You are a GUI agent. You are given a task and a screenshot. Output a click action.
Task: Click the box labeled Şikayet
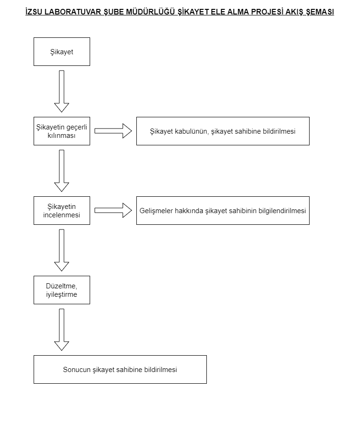(x=62, y=51)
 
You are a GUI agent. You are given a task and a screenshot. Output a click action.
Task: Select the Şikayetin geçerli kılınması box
(x=62, y=131)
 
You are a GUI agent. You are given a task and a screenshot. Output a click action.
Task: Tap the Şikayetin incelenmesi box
(x=62, y=210)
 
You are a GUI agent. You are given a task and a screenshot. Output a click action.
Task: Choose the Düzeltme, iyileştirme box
(x=62, y=290)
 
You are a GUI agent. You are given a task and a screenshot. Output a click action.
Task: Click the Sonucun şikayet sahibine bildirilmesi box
(x=120, y=369)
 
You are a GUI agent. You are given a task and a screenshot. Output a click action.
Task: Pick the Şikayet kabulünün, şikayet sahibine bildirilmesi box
(x=223, y=131)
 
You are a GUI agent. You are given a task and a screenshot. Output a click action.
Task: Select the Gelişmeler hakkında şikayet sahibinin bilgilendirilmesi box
(x=223, y=210)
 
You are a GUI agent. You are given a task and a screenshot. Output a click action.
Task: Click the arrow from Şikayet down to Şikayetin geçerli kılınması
(x=62, y=91)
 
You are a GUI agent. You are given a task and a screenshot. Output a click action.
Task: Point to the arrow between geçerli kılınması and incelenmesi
(x=62, y=171)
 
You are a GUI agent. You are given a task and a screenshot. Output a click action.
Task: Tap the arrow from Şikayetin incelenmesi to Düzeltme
(x=62, y=250)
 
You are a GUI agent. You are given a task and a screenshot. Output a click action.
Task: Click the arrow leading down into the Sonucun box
(x=62, y=330)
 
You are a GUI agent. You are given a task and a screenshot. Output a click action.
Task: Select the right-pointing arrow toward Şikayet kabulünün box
(x=113, y=131)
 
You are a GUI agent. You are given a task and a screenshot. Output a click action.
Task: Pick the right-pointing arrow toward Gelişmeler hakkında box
(x=113, y=210)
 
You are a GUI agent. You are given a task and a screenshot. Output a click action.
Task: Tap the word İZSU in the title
(x=34, y=12)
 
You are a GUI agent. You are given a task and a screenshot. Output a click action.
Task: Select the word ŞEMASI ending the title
(x=320, y=12)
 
